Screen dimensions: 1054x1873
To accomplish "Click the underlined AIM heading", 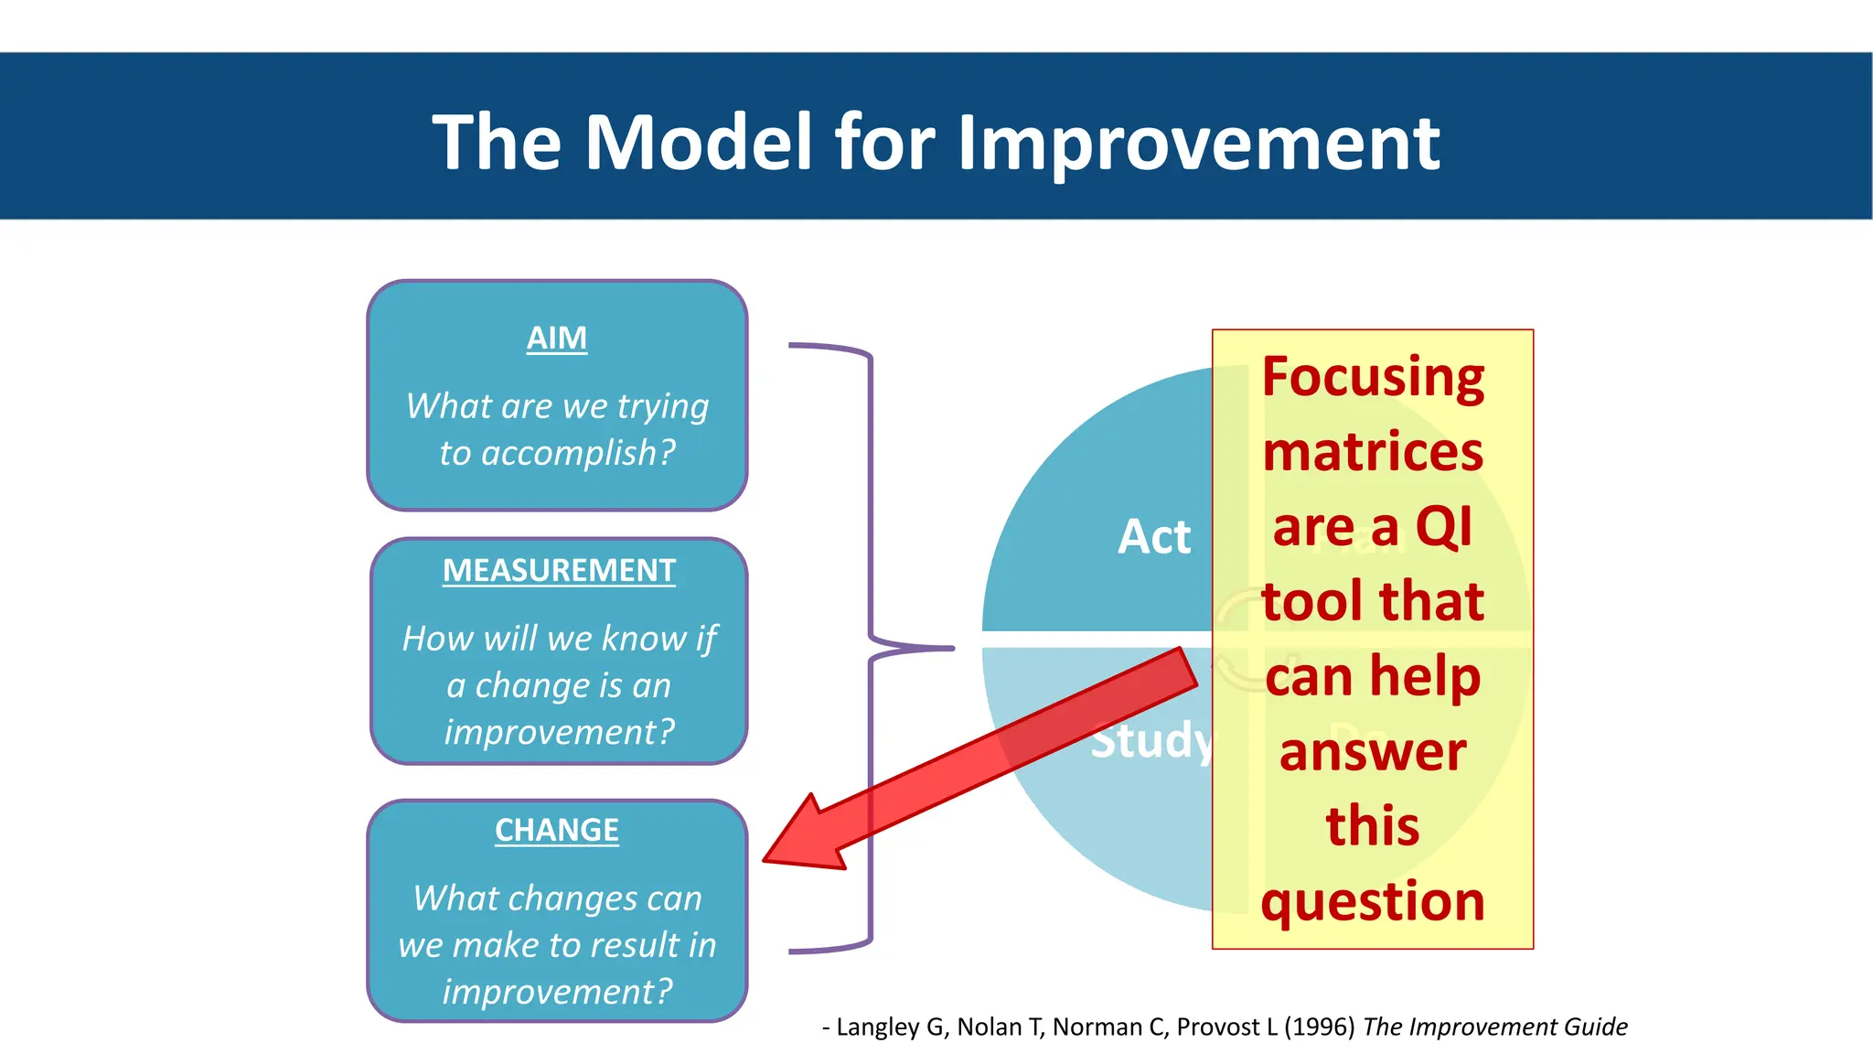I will coord(556,339).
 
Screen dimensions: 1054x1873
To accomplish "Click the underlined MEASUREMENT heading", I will coord(559,571).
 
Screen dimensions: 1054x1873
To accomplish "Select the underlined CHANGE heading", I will coord(556,831).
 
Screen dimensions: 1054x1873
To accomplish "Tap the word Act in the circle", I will coord(1154,537).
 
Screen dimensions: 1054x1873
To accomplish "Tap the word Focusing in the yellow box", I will coord(1373,378).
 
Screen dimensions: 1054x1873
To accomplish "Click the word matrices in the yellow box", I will coord(1373,452).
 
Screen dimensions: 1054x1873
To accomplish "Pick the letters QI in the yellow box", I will coord(1443,527).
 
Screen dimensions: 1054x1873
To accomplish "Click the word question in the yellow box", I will coord(1373,902).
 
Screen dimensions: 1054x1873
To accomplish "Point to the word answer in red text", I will coord(1373,752).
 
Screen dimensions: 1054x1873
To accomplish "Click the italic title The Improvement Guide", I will coord(1494,1027).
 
